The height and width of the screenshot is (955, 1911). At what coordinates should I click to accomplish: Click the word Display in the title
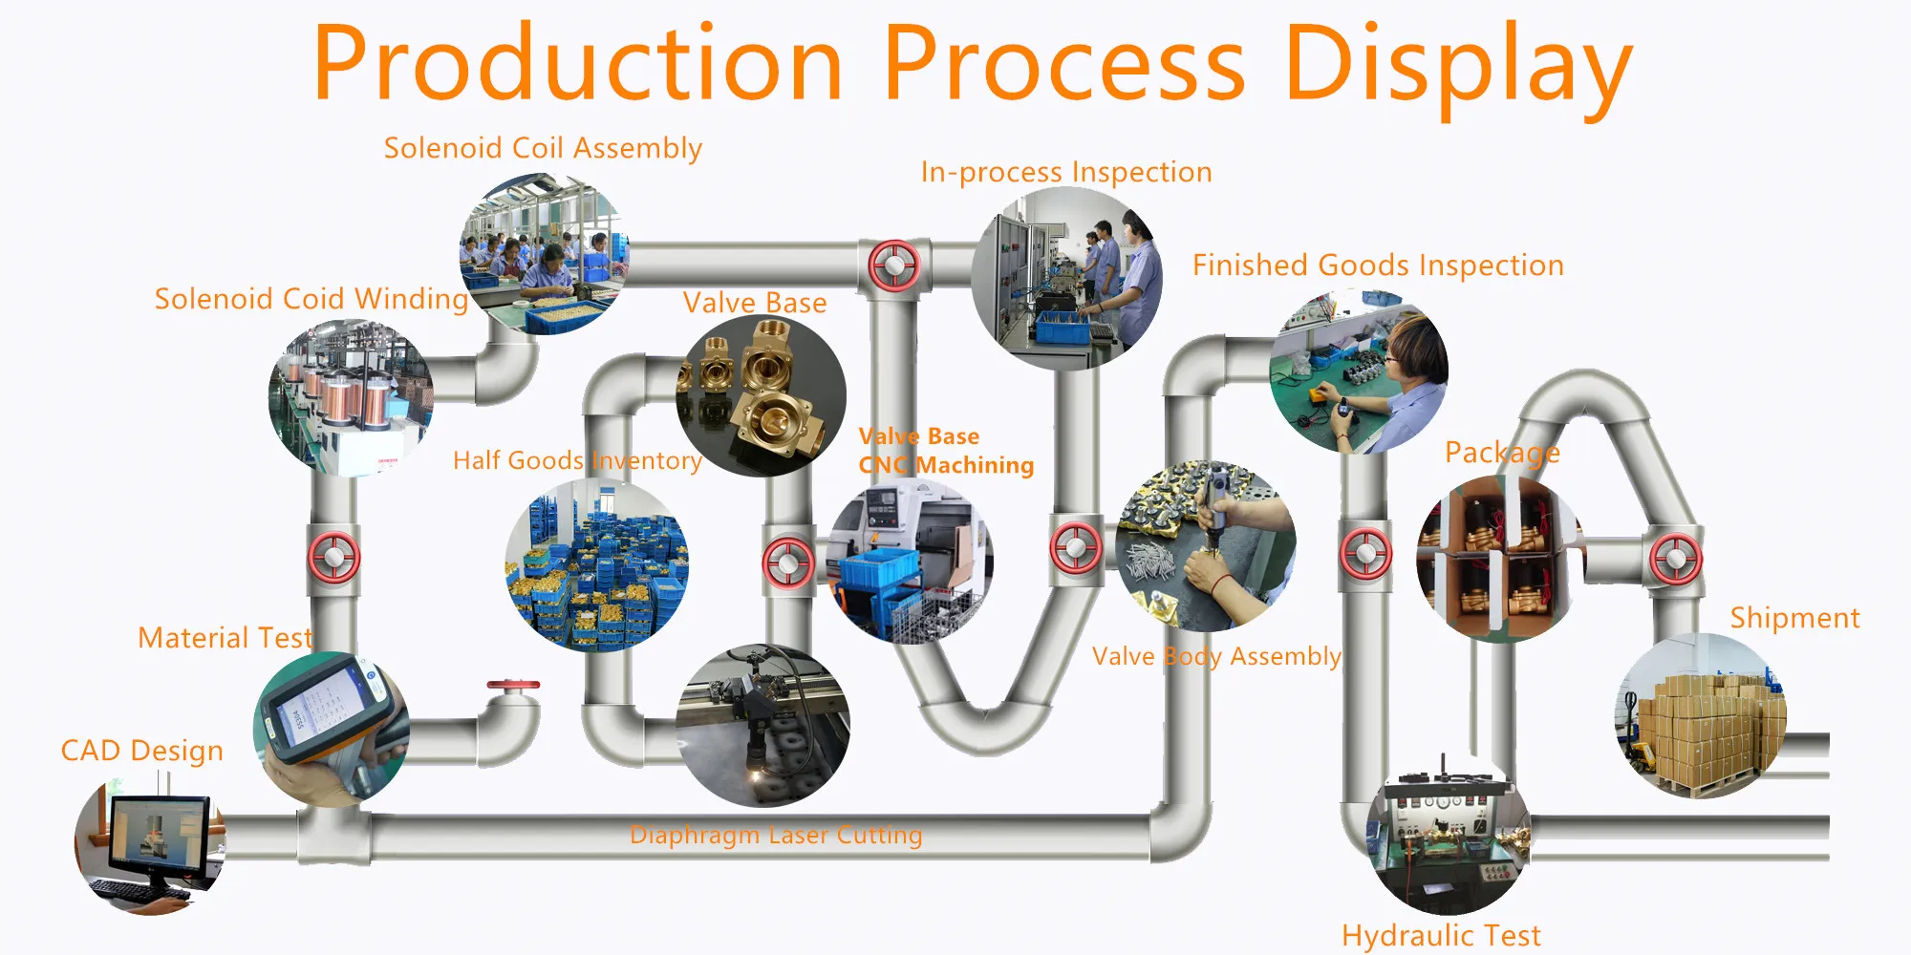(x=1458, y=65)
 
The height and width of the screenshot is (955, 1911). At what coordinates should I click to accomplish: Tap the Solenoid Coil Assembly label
(x=543, y=148)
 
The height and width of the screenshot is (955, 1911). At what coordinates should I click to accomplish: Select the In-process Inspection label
(x=1066, y=172)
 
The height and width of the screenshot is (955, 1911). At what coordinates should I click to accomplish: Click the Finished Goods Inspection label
(x=1378, y=265)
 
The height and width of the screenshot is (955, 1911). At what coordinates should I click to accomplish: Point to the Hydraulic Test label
(x=1441, y=935)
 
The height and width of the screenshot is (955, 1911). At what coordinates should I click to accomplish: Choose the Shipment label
(x=1794, y=618)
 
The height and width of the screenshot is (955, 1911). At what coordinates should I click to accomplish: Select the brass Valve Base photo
(x=761, y=396)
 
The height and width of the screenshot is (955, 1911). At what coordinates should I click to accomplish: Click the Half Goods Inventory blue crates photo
(x=597, y=565)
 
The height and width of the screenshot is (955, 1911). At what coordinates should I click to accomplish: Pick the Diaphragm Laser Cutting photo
(x=762, y=726)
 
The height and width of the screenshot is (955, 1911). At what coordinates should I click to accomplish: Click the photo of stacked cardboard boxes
(x=1701, y=716)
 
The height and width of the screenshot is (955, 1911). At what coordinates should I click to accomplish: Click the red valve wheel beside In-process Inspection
(x=894, y=265)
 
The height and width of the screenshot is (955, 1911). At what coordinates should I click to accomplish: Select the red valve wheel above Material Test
(x=333, y=558)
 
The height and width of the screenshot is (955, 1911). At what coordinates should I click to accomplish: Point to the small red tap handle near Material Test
(x=513, y=685)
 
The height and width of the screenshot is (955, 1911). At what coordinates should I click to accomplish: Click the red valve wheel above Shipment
(x=1676, y=559)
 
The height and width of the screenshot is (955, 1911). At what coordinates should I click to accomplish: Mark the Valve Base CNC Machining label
(x=946, y=451)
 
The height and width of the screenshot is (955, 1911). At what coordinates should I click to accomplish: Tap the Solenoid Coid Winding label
(x=311, y=299)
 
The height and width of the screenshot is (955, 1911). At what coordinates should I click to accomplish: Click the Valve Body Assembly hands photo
(x=1206, y=546)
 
